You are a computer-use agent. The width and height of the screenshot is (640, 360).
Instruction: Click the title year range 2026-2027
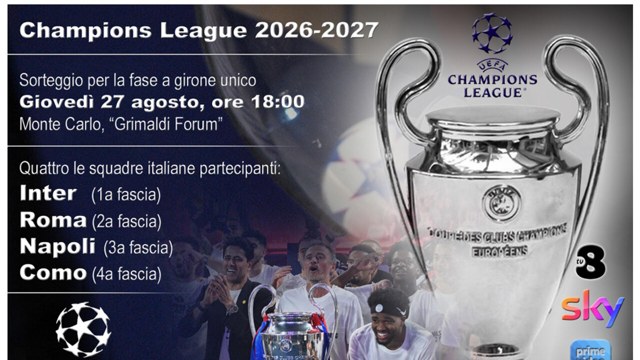click(316, 30)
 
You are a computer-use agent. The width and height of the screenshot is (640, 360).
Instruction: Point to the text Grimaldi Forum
click(169, 124)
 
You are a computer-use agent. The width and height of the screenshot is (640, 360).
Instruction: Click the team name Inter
click(48, 193)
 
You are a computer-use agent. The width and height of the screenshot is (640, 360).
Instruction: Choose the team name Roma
click(53, 219)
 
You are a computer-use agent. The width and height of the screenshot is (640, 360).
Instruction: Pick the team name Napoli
click(57, 247)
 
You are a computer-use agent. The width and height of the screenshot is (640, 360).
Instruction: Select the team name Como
click(53, 272)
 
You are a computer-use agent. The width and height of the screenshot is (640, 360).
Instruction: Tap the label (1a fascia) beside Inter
click(126, 195)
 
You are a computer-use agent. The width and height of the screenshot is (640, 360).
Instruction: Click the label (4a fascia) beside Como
click(127, 274)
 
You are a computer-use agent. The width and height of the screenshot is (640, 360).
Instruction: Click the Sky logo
click(593, 308)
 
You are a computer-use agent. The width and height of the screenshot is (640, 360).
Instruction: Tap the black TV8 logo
click(590, 262)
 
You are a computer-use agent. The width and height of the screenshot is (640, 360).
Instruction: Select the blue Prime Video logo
click(590, 349)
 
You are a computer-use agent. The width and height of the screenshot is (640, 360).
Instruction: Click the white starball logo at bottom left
click(83, 329)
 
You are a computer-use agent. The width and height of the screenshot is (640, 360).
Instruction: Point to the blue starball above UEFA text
click(492, 33)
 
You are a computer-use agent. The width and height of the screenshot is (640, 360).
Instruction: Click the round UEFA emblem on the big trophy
click(501, 203)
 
